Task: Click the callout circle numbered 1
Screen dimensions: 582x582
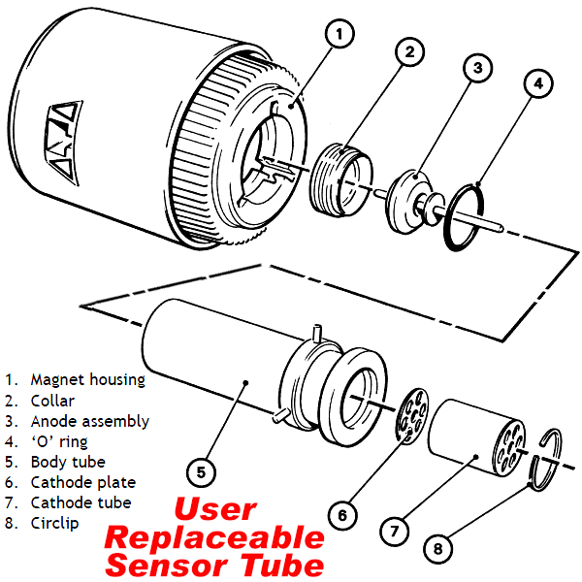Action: point(338,36)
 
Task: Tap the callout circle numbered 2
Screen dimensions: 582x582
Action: point(409,52)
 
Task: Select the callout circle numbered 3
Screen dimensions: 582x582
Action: point(477,69)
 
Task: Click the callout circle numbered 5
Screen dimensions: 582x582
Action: point(201,473)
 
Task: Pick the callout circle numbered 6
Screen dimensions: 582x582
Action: point(340,516)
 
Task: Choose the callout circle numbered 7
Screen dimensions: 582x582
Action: point(394,532)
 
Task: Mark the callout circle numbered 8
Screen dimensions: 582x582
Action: point(438,549)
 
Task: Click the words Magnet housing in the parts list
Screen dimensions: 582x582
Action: point(87,379)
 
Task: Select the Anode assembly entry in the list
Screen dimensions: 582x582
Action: point(89,421)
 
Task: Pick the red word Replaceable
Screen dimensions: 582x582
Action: point(213,538)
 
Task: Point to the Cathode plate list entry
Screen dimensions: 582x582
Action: point(82,482)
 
